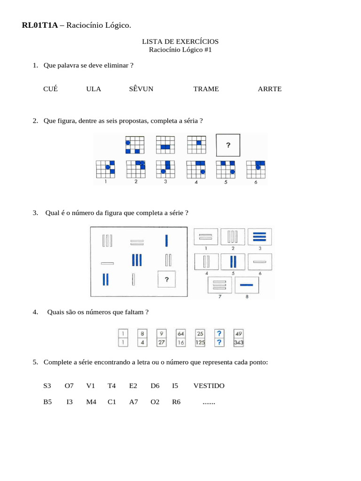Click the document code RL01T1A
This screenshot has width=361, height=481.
point(40,25)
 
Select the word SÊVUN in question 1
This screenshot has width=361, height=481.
point(141,89)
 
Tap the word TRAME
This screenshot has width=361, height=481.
point(206,89)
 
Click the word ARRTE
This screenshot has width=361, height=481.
point(270,89)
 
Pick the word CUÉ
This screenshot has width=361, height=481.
point(50,89)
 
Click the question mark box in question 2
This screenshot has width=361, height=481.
point(228,145)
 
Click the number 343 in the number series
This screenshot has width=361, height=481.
point(238,343)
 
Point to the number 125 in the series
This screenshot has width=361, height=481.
point(200,343)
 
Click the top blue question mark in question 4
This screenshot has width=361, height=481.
point(219,334)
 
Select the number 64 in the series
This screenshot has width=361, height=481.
point(181,334)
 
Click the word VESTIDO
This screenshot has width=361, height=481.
point(209,386)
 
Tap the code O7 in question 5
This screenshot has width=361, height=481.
point(69,386)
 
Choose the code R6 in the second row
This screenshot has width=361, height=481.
point(176,403)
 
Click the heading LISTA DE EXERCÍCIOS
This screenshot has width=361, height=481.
point(180,41)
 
